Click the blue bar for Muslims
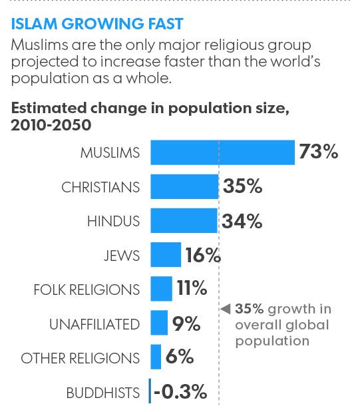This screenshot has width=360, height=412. (222, 152)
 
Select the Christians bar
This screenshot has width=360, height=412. (184, 186)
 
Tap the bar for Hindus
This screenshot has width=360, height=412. (184, 221)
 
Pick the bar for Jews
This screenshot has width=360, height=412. (166, 255)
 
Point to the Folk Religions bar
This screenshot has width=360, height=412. (161, 290)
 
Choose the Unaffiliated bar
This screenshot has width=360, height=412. (159, 323)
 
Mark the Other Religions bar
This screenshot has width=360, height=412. (156, 357)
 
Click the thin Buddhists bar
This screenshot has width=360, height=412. (150, 392)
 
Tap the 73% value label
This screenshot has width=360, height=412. (319, 152)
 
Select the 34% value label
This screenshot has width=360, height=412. (242, 221)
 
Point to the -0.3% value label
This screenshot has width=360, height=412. (180, 392)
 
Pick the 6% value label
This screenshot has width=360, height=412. (180, 357)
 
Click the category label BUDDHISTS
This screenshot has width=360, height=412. (103, 392)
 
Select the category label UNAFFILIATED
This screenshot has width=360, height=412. (94, 324)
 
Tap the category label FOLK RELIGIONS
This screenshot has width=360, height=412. (87, 290)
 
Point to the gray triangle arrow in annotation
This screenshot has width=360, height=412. (225, 309)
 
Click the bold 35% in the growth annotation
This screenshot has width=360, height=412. (248, 309)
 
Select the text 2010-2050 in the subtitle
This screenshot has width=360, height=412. (47, 125)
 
